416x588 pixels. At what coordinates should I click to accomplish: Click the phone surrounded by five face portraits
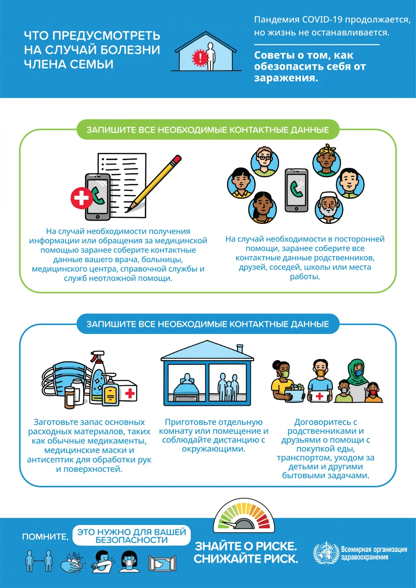296,190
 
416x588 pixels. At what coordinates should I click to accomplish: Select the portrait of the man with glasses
265,162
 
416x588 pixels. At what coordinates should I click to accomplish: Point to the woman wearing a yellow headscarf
326,161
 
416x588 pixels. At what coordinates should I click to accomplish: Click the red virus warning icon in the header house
200,57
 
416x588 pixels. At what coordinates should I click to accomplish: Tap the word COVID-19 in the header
322,19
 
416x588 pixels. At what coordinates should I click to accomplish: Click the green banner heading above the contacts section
208,130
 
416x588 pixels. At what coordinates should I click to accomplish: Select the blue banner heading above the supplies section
208,324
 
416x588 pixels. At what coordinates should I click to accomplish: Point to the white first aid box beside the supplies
126,391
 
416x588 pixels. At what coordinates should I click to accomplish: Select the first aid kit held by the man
319,396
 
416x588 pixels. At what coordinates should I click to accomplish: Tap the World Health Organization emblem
326,553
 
